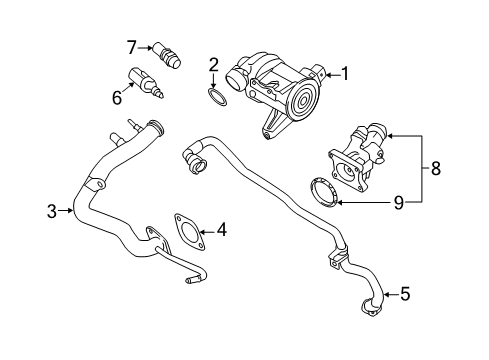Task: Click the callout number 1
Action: click(x=345, y=72)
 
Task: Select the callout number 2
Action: click(x=213, y=65)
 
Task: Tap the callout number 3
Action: click(x=52, y=210)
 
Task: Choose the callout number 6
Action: click(x=116, y=97)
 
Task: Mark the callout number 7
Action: click(x=131, y=46)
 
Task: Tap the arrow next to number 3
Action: click(x=68, y=210)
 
